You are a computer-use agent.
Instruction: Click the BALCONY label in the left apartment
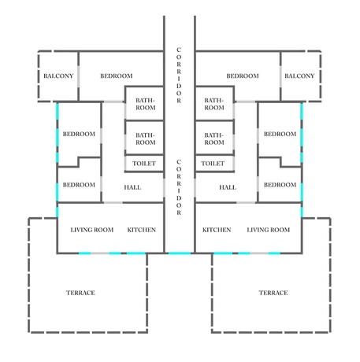tap(58, 76)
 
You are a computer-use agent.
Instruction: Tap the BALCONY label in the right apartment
tap(299, 76)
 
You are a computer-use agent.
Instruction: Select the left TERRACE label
tap(80, 293)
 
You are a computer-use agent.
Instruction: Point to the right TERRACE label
tap(273, 293)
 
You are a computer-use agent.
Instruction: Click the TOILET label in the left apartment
tap(144, 164)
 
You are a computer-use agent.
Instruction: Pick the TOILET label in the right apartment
tap(213, 164)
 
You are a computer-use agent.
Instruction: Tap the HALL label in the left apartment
tap(132, 187)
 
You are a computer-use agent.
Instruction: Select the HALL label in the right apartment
tap(228, 187)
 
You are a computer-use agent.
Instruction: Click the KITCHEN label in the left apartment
tap(142, 230)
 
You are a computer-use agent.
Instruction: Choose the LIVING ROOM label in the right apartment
tap(269, 230)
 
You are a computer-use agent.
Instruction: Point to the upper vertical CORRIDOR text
tap(179, 76)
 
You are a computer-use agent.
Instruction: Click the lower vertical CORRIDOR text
tap(179, 187)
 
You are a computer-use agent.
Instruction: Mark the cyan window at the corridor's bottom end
tap(180, 253)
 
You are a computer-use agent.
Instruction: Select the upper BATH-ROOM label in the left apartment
tap(146, 104)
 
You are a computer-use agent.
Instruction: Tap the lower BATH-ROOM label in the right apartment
tap(214, 139)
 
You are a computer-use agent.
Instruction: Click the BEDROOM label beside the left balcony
tap(117, 76)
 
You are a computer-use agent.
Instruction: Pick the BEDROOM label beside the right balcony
tap(243, 76)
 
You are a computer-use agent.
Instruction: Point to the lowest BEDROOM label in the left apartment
tap(79, 185)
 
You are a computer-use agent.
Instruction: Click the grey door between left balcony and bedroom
tap(78, 76)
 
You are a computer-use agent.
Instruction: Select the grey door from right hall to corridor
tap(195, 187)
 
